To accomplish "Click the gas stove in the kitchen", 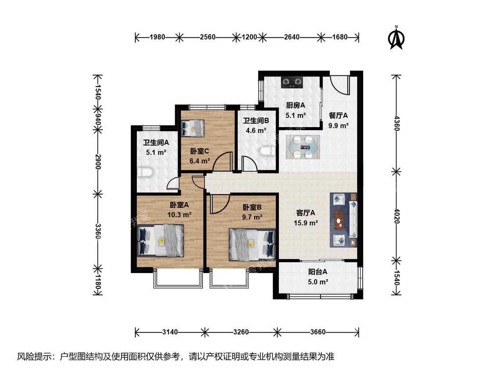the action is (292, 82).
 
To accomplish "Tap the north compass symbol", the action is (397, 38).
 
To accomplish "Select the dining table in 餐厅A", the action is (303, 147).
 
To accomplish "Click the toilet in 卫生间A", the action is (145, 172).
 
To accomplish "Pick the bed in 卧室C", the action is (192, 128).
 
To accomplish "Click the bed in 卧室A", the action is (161, 240).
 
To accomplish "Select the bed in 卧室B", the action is (252, 245).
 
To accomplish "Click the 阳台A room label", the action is (317, 272).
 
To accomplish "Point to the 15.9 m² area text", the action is (306, 223).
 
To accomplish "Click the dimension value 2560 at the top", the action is (208, 37).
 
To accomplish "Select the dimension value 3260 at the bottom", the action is (241, 332).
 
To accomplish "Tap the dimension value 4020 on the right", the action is (397, 216).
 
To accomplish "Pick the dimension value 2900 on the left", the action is (98, 162).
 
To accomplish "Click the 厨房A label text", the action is (296, 105).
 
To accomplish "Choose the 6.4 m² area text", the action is (200, 161).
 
